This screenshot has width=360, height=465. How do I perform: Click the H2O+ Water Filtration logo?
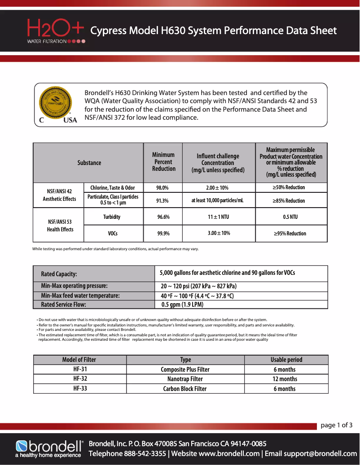click(56, 31)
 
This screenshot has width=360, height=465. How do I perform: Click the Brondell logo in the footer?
click(49, 448)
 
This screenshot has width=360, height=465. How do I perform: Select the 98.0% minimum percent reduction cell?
click(162, 187)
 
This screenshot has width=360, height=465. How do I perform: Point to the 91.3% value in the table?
click(162, 200)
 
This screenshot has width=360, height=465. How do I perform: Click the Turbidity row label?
click(111, 217)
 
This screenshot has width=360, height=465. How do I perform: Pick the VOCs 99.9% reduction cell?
click(163, 234)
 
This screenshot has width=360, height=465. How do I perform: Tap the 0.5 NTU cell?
click(290, 217)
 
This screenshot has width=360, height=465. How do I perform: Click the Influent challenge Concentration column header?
click(218, 163)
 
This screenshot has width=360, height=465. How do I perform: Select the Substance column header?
click(89, 163)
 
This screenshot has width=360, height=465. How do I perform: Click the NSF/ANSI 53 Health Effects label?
click(61, 225)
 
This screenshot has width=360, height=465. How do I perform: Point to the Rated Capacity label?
click(59, 274)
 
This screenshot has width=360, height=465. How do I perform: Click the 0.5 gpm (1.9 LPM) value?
click(182, 305)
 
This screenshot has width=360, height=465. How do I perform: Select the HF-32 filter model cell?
click(80, 379)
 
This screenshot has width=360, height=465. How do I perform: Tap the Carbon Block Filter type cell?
click(185, 389)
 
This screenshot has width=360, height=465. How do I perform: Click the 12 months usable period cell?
click(285, 379)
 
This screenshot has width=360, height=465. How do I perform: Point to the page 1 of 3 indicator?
click(336, 425)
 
